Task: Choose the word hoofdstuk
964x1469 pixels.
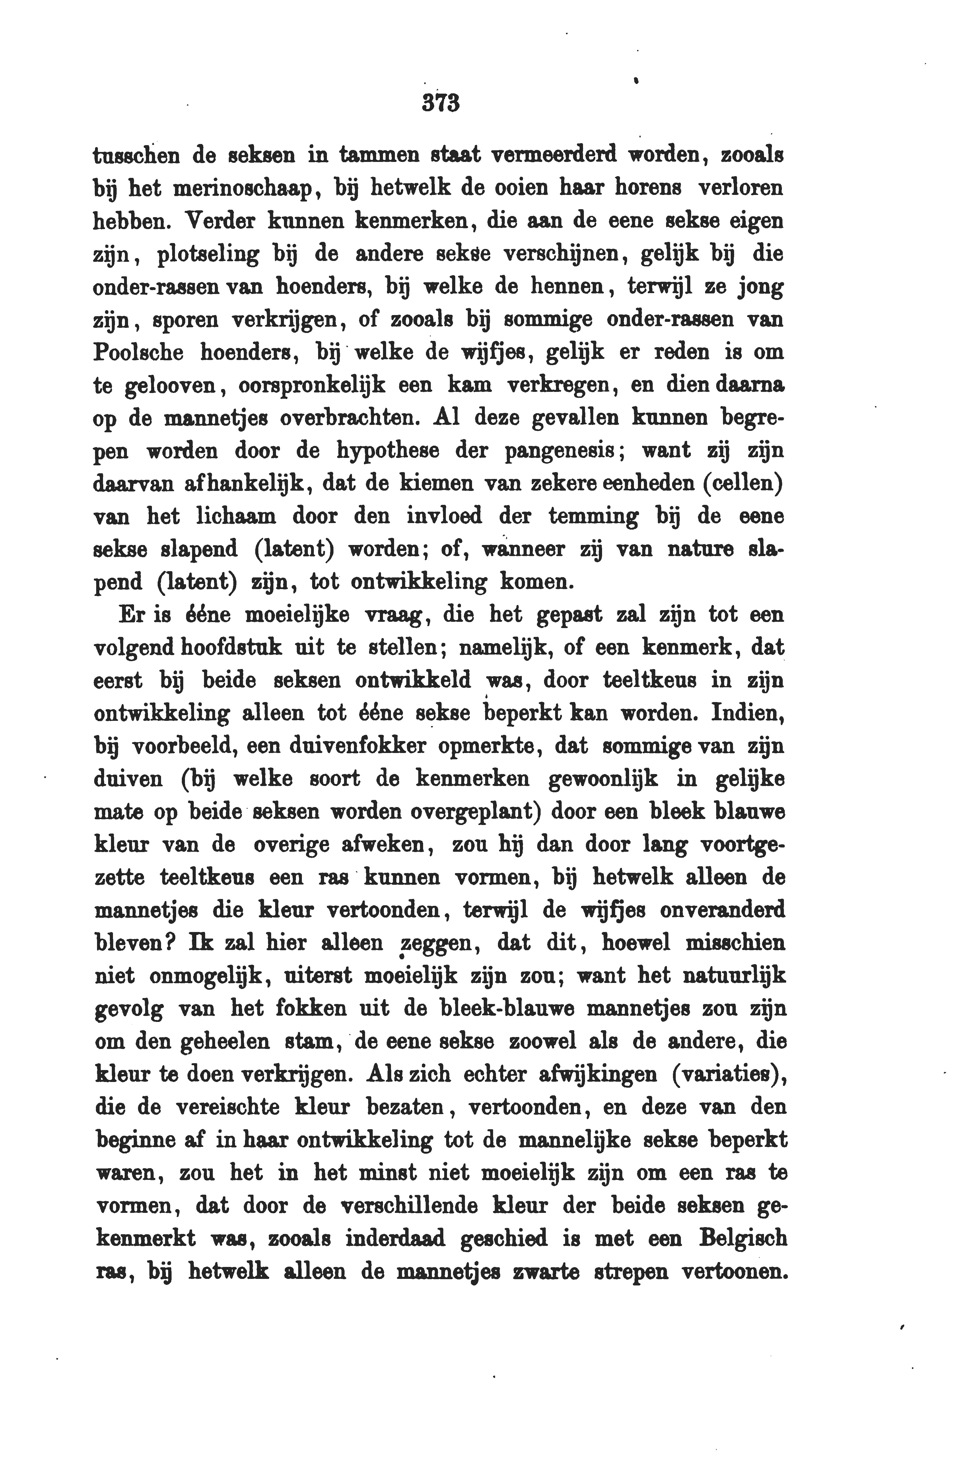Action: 231,647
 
